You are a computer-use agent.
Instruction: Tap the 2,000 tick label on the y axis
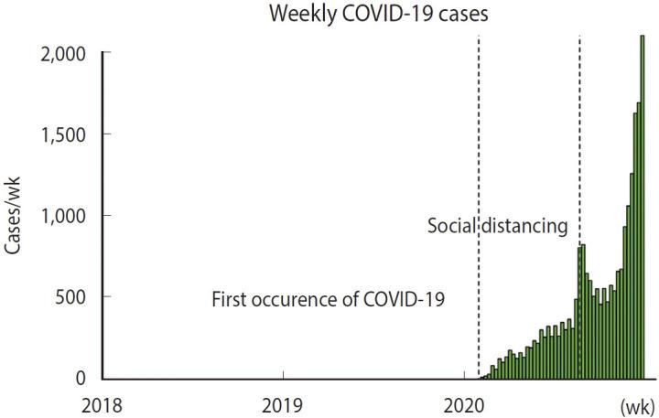click(x=63, y=53)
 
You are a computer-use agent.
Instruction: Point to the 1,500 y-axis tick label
click(x=63, y=134)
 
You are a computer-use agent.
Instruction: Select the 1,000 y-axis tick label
click(x=63, y=216)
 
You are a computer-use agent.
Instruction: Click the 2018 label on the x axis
click(x=104, y=402)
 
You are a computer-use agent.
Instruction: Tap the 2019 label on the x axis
click(x=284, y=402)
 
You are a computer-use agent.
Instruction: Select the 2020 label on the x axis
click(x=464, y=402)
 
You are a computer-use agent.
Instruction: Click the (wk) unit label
click(x=634, y=403)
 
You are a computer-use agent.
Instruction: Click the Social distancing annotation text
click(x=498, y=225)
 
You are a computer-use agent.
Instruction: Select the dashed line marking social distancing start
click(x=580, y=137)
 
